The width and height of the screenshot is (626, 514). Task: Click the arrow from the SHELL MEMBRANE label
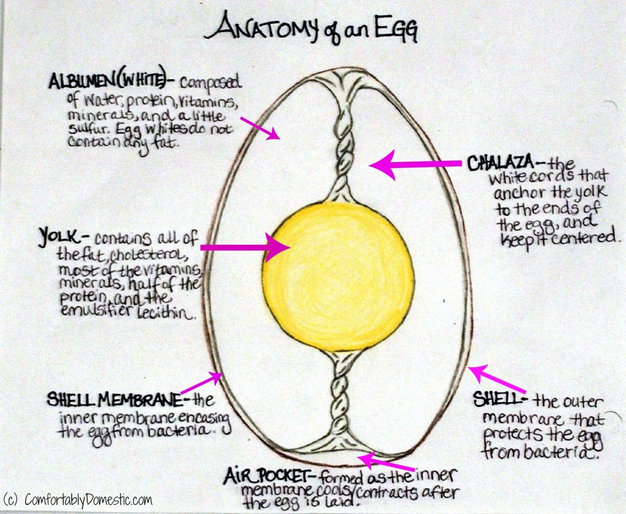pos(202,382)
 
